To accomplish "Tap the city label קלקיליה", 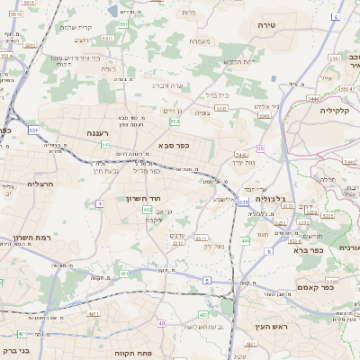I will point(339,110).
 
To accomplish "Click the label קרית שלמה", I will point(78,27).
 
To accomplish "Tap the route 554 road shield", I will point(175,120).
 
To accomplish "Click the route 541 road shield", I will point(106,144).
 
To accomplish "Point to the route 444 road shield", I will point(246,241).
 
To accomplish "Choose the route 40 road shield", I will point(162,323).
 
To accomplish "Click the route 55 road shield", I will point(260,149).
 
